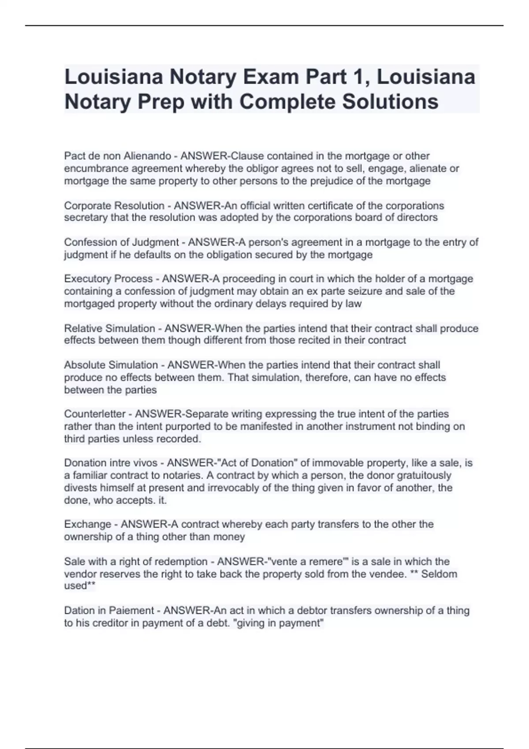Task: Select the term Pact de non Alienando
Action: tap(117, 156)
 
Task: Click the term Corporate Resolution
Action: tap(114, 206)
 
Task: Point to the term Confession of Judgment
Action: tap(121, 242)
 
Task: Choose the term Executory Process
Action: tap(108, 279)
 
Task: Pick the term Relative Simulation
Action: tap(109, 329)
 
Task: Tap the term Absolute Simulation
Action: tap(111, 365)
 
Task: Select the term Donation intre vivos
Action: tap(111, 463)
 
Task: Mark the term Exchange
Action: tap(88, 524)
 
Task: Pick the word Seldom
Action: tap(439, 574)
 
